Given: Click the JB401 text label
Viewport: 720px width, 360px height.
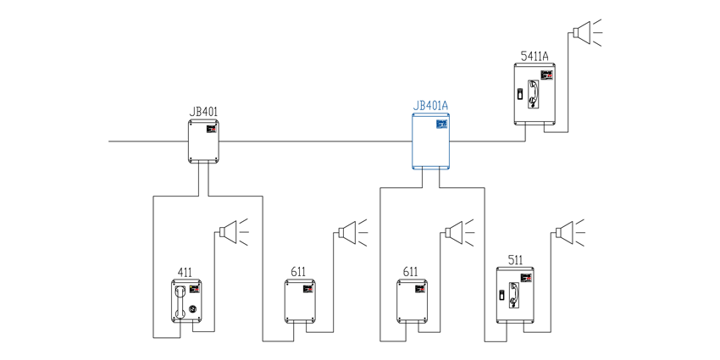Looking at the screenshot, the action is (x=203, y=112).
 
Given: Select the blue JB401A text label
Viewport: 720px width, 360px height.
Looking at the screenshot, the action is (x=430, y=106).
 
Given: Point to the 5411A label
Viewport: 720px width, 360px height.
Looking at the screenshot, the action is (x=534, y=56).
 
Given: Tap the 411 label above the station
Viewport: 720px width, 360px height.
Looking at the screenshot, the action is (x=185, y=272).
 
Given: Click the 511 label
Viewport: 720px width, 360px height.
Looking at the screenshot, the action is (x=515, y=260).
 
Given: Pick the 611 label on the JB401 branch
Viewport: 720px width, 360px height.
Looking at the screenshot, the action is (x=298, y=272).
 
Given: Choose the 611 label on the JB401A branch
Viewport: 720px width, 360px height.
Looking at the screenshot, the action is (x=411, y=272).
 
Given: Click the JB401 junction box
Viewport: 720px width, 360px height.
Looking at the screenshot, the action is (x=203, y=141).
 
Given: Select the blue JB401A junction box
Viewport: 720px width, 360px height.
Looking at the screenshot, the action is (x=430, y=141).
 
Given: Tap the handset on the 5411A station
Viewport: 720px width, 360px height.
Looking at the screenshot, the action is (x=533, y=94).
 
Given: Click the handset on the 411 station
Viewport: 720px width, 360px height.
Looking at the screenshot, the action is (x=180, y=302).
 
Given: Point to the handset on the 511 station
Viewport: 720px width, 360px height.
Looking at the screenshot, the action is (x=514, y=295).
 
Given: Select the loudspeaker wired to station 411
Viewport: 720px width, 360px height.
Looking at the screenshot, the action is (x=233, y=232).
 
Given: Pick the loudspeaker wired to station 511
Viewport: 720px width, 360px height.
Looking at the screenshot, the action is (x=570, y=232).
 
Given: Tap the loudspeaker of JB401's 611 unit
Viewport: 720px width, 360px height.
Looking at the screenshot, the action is (x=352, y=232).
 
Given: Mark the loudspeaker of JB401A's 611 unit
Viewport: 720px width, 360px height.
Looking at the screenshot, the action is (x=459, y=232).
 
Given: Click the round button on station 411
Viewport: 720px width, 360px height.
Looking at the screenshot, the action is (x=193, y=309).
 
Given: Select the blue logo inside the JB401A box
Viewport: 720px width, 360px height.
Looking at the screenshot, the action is (x=441, y=124).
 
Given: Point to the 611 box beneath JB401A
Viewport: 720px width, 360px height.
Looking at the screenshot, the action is (x=413, y=302).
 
